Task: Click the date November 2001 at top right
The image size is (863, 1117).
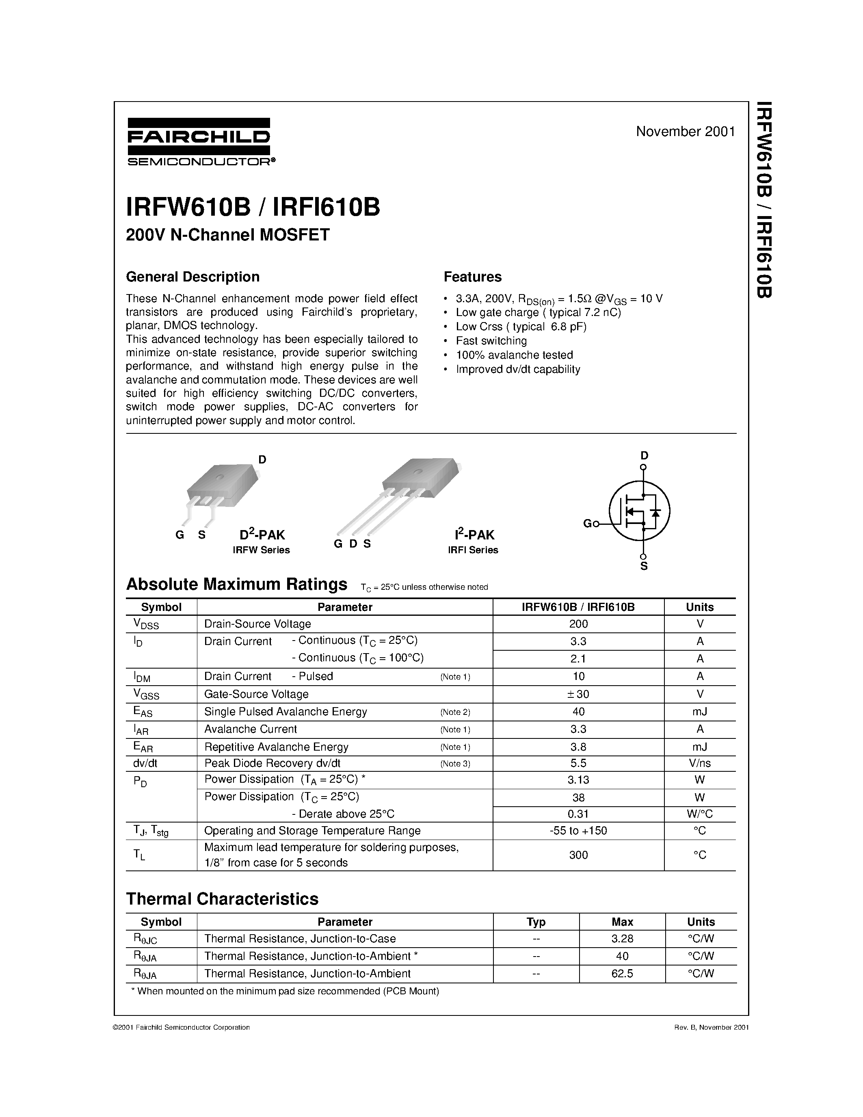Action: (685, 132)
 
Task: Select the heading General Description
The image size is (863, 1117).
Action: (193, 277)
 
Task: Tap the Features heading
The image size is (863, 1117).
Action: (472, 277)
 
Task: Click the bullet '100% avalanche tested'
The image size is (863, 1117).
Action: (514, 355)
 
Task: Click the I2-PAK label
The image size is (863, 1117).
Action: (474, 535)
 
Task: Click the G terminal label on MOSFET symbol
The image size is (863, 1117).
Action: (587, 523)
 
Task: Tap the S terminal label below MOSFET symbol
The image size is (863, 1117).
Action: (644, 566)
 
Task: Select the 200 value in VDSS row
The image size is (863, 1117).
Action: (578, 624)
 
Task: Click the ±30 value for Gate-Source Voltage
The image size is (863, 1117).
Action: (578, 694)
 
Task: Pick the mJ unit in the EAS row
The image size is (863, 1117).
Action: (699, 711)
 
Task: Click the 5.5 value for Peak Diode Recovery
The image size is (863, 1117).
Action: (578, 763)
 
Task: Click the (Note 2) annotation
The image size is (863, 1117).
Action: (455, 712)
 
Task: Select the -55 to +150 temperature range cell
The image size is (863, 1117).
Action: (578, 831)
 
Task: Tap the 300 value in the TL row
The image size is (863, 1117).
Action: (578, 855)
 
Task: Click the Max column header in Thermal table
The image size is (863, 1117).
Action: (622, 922)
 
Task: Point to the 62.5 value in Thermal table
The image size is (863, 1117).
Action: (622, 974)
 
